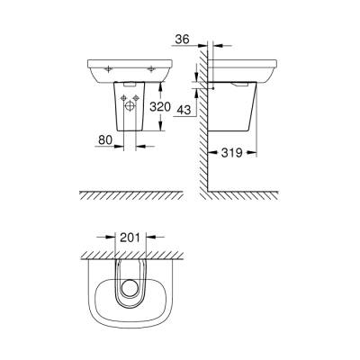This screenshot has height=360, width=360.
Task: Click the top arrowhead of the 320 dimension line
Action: [x=158, y=83]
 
